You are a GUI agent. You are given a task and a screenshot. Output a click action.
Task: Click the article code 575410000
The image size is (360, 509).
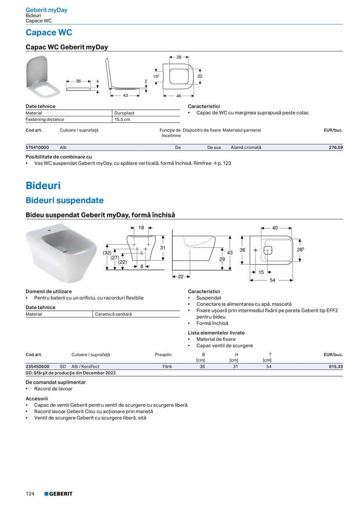point(37,147)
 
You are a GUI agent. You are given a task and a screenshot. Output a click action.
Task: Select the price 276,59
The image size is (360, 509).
point(335,147)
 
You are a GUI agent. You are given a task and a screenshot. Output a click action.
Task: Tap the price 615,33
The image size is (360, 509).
point(335,367)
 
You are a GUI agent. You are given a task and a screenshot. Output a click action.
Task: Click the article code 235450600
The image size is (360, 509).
point(37,367)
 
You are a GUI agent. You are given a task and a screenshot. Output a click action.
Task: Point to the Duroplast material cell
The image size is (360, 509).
point(124,113)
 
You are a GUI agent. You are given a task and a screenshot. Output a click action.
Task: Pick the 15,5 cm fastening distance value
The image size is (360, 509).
point(122,119)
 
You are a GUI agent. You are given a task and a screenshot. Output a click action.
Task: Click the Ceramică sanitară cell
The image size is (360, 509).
point(113,314)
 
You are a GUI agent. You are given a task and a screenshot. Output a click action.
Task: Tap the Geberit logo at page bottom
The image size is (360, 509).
point(58,494)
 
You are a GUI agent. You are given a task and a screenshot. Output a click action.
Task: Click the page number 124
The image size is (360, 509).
point(30,494)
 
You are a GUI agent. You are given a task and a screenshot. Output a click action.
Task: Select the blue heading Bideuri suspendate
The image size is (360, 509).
point(65,200)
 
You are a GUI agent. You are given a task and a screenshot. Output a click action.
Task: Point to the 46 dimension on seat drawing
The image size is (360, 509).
point(179,96)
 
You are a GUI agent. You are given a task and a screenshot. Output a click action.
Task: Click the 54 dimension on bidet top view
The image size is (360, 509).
point(272,280)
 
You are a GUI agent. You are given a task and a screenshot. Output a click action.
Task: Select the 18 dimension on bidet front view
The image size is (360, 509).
point(141,227)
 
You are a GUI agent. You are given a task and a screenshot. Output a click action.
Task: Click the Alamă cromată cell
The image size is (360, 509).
point(246,147)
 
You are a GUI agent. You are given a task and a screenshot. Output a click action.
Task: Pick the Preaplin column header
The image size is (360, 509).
point(163,354)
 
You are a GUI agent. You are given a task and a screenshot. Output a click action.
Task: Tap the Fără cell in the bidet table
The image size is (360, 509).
point(167,367)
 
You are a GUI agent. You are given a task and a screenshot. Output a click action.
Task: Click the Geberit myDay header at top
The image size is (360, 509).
point(47,10)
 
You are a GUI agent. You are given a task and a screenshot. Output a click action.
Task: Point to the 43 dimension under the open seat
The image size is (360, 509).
point(126,95)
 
